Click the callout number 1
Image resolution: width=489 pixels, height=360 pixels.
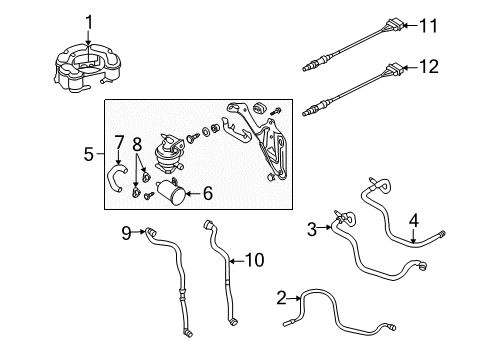[89, 22]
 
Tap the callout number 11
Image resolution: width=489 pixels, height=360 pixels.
[428, 26]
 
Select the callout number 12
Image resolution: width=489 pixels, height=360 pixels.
[429, 67]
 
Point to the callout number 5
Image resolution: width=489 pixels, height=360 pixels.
[89, 154]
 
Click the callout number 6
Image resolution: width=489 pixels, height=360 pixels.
[208, 193]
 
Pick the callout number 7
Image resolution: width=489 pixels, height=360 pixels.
[119, 142]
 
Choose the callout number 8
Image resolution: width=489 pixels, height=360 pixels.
[137, 145]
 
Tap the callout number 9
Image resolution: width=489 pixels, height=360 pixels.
[126, 233]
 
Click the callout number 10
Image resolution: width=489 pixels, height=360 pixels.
[255, 260]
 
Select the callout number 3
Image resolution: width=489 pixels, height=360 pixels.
[312, 229]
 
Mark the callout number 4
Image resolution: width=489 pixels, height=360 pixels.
[413, 221]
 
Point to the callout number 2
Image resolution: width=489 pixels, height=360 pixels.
[282, 298]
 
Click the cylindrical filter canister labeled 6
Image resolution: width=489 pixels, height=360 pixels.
[171, 191]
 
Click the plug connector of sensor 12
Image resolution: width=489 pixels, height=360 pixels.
[393, 69]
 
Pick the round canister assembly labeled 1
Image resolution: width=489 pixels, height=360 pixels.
[86, 68]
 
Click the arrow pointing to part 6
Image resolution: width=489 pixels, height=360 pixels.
[193, 193]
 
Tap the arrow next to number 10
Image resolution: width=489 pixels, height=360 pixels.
[236, 261]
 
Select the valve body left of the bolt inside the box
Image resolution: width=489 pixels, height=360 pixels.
[169, 154]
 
